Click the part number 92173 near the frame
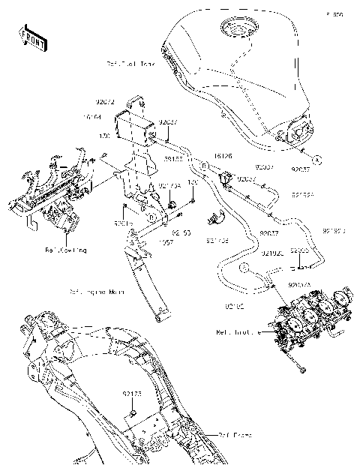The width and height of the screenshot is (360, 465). coord(132,392)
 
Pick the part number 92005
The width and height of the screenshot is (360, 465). coord(299,250)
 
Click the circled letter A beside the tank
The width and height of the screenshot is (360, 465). coord(317,160)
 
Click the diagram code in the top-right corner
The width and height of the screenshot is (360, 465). coord(334,14)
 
